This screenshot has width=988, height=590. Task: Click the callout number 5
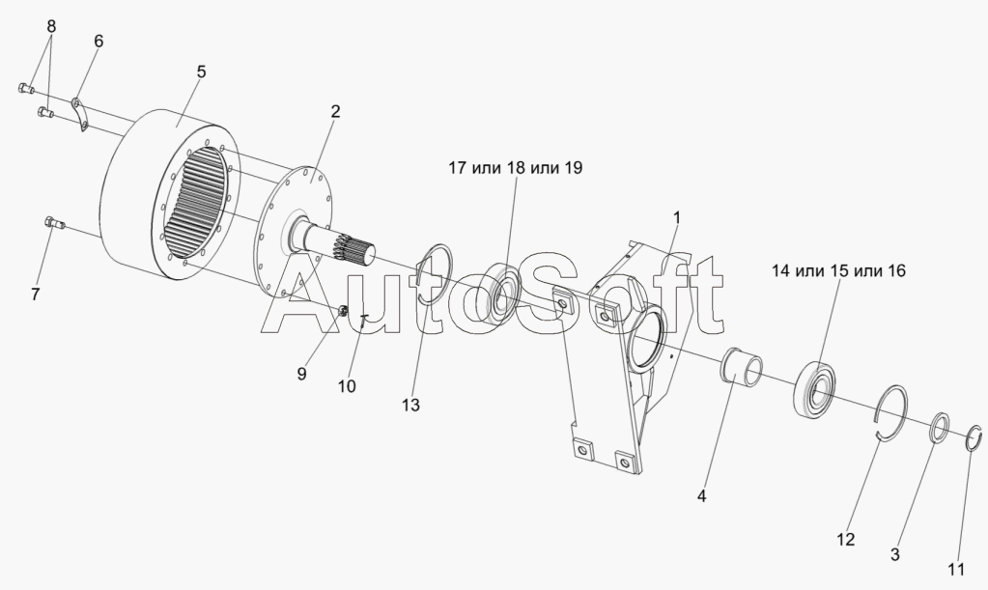(x=201, y=71)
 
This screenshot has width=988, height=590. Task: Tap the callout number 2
(x=335, y=111)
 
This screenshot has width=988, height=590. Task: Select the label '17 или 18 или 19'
(x=515, y=168)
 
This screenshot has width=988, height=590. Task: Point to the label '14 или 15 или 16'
(x=838, y=270)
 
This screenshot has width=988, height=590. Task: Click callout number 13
(x=411, y=406)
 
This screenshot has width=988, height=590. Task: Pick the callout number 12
(x=845, y=540)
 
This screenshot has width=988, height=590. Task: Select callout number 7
(x=36, y=295)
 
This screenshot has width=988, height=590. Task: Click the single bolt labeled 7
(x=54, y=225)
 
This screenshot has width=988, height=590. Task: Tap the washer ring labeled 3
(x=938, y=429)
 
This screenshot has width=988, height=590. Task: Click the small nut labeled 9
(x=343, y=311)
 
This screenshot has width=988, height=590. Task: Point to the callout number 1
(x=676, y=216)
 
